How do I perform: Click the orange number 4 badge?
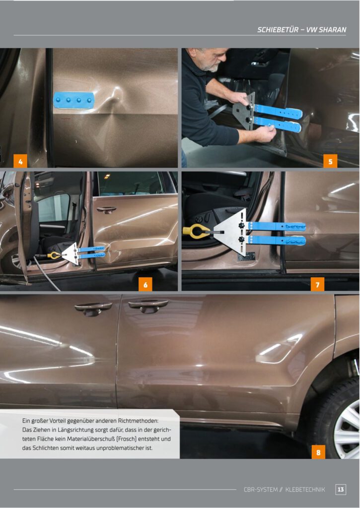pyautogui.click(x=20, y=161)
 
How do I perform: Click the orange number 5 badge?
pyautogui.click(x=330, y=161)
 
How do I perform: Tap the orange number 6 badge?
pyautogui.click(x=145, y=284)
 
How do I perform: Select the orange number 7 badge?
pyautogui.click(x=317, y=284)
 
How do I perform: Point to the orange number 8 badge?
pyautogui.click(x=318, y=452)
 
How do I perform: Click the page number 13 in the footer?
pyautogui.click(x=341, y=489)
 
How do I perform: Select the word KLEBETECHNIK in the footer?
pyautogui.click(x=305, y=490)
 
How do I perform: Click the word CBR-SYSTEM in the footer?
pyautogui.click(x=261, y=490)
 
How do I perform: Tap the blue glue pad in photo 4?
pyautogui.click(x=73, y=100)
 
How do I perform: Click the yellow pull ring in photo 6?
pyautogui.click(x=53, y=255)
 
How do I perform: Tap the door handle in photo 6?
pyautogui.click(x=106, y=210)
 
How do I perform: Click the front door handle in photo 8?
pyautogui.click(x=93, y=309)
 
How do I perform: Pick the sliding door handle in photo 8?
pyautogui.click(x=148, y=306)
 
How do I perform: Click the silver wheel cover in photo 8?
pyautogui.click(x=347, y=430)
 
